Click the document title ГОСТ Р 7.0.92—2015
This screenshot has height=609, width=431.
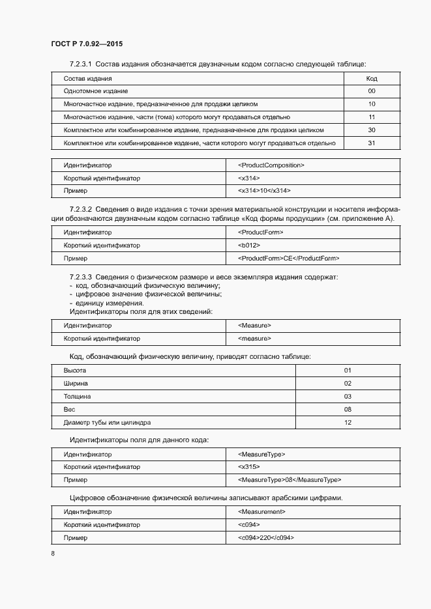point(87,44)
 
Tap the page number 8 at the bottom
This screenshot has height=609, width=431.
point(53,554)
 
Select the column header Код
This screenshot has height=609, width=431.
point(372,78)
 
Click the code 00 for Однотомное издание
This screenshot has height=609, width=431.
point(372,91)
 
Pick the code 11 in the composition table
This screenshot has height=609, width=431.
point(372,117)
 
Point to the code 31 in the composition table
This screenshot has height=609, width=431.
point(372,143)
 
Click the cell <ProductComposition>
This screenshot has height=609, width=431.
point(271,165)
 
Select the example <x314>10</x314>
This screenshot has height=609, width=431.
point(265,191)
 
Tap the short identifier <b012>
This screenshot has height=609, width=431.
point(249,246)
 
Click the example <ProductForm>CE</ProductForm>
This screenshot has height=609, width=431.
point(289,259)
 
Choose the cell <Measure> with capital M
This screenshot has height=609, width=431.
point(255,326)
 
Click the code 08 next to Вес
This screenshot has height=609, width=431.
point(348,410)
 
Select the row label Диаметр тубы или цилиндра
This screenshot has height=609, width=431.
point(107,423)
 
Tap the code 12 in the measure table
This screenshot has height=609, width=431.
point(348,423)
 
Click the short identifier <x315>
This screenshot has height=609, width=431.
point(249,467)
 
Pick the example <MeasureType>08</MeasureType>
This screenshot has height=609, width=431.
point(290,480)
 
